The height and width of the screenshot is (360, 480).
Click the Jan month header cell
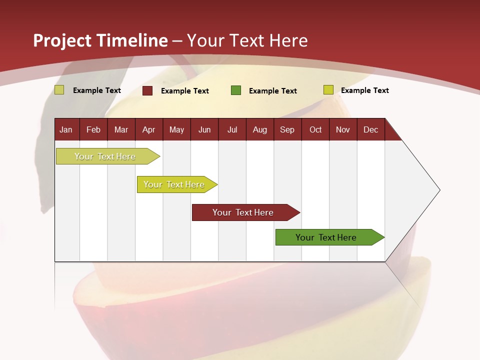66,129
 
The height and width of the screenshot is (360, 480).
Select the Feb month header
93,129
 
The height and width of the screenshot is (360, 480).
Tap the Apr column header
148,129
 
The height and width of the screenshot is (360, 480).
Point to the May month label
176,129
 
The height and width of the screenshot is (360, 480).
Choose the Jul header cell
232,129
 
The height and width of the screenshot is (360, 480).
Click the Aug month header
259,129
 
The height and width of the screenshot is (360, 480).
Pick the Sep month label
287,129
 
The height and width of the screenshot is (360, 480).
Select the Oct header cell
315,129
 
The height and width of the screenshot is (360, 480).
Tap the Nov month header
343,129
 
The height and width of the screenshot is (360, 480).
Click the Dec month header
370,129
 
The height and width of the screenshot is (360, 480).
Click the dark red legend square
147,90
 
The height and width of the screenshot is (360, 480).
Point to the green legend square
236,90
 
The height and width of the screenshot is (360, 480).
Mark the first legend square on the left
59,90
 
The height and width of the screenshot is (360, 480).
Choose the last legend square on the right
328,90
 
